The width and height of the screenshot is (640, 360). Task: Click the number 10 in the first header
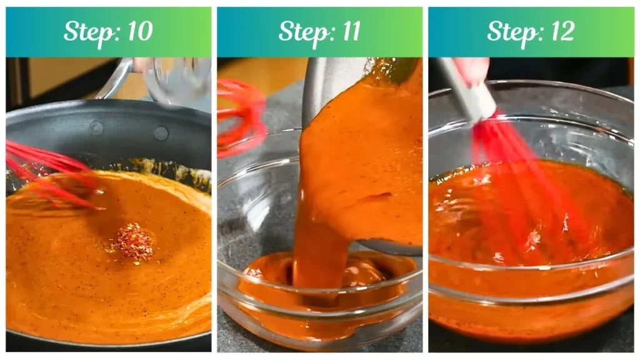point(139,32)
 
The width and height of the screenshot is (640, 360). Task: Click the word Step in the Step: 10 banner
point(86,32)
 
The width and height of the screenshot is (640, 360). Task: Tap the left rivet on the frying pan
point(96,128)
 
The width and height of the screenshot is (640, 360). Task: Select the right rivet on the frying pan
point(161,133)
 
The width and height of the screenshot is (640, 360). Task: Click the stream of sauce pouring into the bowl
point(322,244)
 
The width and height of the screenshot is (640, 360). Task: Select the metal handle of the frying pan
point(119,78)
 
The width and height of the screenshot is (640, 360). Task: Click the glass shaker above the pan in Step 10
point(178,81)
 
